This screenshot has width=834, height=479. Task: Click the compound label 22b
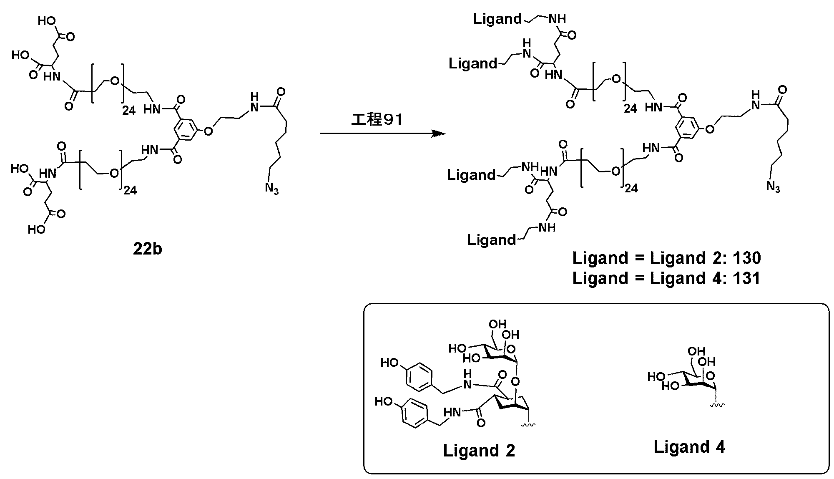tap(148, 249)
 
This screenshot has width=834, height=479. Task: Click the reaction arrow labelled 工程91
tap(383, 134)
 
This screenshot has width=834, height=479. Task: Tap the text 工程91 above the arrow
tap(377, 120)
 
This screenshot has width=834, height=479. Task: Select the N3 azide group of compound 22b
tap(271, 189)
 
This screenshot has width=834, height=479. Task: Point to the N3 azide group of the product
tap(773, 187)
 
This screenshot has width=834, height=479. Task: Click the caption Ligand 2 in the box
tap(479, 451)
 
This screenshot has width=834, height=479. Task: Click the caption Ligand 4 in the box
tap(689, 447)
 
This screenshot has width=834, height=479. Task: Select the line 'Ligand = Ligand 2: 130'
tap(666, 258)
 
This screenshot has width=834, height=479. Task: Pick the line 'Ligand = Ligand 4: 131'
tap(666, 278)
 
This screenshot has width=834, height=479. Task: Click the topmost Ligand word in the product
tap(497, 19)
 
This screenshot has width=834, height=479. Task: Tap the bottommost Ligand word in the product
tap(491, 240)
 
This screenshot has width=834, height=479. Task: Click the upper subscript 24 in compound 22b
tap(129, 111)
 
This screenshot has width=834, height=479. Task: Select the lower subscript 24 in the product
tap(631, 189)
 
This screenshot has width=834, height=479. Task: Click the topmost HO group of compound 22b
tap(47, 21)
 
